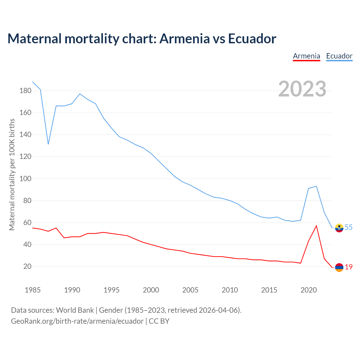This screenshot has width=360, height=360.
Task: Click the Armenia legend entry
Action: click(307, 56)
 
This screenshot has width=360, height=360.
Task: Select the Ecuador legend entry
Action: click(339, 56)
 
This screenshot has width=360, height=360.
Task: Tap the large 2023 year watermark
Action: click(302, 89)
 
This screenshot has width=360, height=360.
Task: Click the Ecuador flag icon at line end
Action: click(339, 228)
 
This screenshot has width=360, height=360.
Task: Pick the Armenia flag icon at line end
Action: click(339, 267)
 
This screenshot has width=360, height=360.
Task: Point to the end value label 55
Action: click(348, 227)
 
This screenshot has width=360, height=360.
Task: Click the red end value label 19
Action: click(349, 267)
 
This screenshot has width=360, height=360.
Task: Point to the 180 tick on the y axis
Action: click(25, 91)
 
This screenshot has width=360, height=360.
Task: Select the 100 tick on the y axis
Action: click(25, 179)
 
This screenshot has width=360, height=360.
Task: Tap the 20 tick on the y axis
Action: click(27, 266)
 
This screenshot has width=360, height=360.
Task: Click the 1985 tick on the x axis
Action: click(33, 290)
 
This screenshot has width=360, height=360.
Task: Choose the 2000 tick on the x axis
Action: click(151, 290)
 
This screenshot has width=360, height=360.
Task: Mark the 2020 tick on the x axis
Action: click(309, 290)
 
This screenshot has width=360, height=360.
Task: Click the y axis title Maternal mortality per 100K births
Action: click(12, 174)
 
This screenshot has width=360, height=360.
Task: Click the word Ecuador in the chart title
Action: click(252, 39)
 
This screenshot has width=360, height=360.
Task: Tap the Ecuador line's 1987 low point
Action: click(48, 144)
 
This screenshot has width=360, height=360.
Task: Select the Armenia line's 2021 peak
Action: click(316, 226)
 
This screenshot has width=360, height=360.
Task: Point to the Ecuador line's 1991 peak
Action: click(80, 94)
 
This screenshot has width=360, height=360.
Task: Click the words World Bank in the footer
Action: click(75, 310)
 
